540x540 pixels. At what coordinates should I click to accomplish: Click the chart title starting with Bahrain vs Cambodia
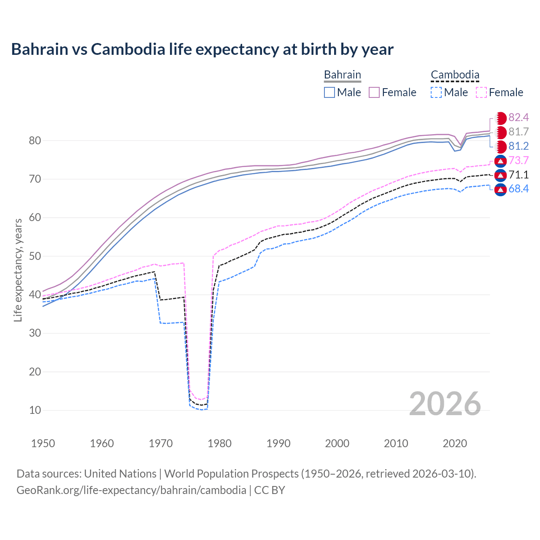tap(202, 49)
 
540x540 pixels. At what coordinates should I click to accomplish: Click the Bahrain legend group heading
tap(342, 75)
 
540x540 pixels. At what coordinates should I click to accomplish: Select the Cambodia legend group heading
tap(455, 75)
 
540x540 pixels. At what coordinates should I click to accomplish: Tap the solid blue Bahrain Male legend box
tap(329, 92)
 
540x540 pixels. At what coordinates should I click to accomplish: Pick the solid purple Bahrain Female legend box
tap(375, 92)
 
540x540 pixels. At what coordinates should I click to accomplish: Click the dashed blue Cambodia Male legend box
tap(436, 92)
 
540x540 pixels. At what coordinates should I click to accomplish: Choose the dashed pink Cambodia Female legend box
tap(481, 92)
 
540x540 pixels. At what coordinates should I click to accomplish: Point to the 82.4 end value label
tap(518, 117)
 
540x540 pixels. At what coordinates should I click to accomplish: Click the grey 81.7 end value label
tap(518, 132)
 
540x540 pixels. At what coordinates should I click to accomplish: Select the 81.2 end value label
tap(518, 146)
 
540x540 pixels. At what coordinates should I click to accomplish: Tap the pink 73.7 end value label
tap(518, 160)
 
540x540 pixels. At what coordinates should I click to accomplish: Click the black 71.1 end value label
tap(518, 175)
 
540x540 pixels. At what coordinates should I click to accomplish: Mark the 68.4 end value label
tap(518, 189)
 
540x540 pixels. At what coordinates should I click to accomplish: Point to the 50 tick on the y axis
tap(35, 256)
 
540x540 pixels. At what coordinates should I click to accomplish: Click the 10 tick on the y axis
tap(35, 410)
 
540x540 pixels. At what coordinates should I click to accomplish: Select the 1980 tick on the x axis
tap(219, 443)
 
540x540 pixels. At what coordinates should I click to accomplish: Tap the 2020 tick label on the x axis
tap(455, 443)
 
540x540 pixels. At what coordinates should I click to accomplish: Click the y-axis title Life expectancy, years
tap(18, 270)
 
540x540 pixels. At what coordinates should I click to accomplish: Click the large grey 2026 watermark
tap(445, 404)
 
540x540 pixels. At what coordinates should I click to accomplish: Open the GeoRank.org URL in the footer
tap(131, 490)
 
